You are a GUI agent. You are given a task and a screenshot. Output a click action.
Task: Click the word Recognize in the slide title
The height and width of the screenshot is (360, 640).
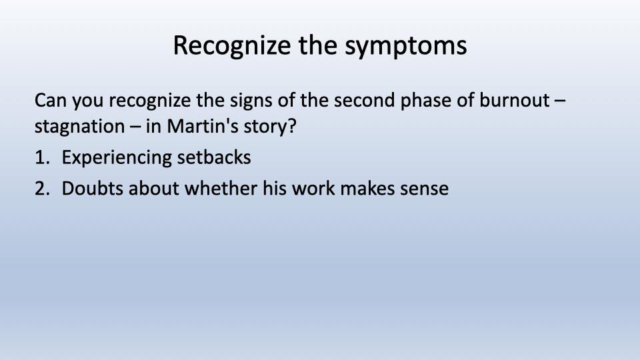tap(232, 46)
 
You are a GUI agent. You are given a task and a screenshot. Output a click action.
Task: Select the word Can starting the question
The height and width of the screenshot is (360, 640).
tap(50, 101)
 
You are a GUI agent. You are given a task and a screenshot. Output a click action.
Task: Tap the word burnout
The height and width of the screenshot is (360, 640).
tap(514, 101)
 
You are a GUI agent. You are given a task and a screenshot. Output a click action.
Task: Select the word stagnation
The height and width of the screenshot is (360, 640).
tap(79, 127)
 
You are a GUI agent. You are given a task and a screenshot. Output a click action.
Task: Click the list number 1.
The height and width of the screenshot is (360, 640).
tap(43, 157)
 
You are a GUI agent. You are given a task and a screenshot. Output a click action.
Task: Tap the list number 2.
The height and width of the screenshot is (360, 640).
tap(43, 189)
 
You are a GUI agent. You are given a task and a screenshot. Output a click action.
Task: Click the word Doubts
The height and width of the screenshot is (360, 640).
tap(92, 189)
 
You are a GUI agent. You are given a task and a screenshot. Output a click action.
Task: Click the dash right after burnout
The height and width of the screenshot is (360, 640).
tap(561, 101)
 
